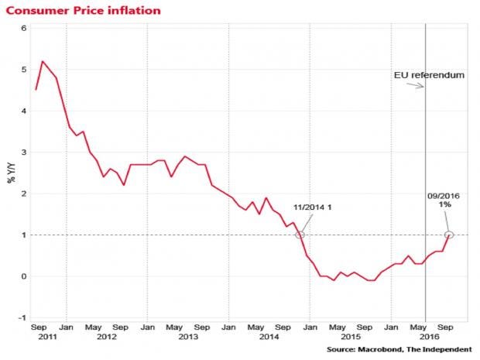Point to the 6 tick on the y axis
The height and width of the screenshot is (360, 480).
[x=23, y=29]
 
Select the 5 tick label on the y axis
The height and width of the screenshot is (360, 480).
[x=23, y=70]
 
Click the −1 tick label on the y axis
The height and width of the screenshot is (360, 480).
[x=22, y=317]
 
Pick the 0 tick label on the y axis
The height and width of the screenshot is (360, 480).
[x=23, y=276]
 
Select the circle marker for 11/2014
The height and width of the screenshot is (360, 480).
[x=300, y=235]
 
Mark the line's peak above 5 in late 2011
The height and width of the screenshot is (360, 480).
[x=43, y=61]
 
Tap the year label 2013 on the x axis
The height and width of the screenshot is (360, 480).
[x=188, y=338]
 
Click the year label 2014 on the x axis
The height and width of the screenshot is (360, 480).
[x=269, y=338]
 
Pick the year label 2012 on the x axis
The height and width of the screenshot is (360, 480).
[x=107, y=338]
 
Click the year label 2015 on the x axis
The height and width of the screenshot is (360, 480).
[x=351, y=338]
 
